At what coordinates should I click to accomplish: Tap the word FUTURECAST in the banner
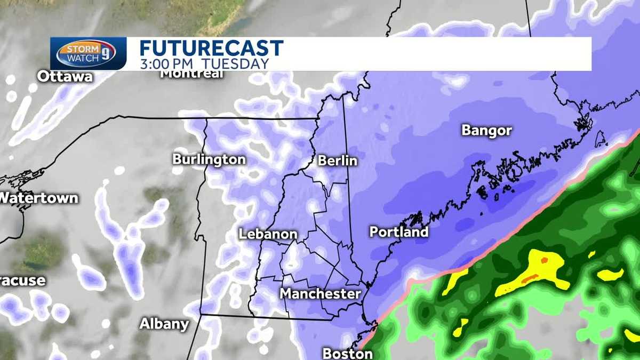click(x=211, y=49)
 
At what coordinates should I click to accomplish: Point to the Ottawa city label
click(x=65, y=77)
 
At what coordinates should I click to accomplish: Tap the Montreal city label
click(x=191, y=74)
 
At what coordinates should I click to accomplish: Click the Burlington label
click(x=209, y=159)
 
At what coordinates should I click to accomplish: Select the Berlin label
click(x=338, y=161)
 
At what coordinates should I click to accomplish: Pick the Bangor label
click(x=486, y=131)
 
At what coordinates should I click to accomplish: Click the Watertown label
click(x=38, y=198)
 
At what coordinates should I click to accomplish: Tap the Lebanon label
click(x=268, y=234)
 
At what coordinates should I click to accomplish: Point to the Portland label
click(x=399, y=232)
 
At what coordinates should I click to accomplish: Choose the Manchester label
click(x=320, y=294)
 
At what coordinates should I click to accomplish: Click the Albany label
click(x=164, y=324)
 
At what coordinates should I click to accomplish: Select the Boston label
click(x=348, y=353)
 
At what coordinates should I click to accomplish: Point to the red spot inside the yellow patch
click(x=544, y=261)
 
